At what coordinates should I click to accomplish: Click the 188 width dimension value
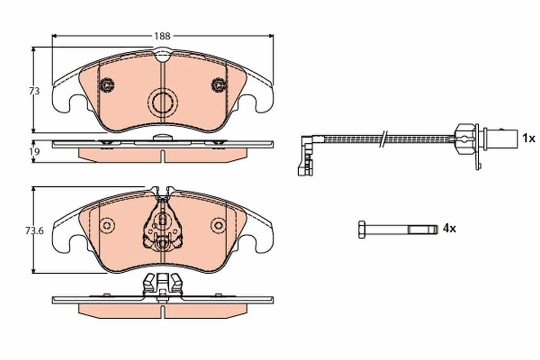coord(162,36)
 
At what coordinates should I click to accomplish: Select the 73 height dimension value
coord(34,91)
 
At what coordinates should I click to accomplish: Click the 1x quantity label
coord(528,138)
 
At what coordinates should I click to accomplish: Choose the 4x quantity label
coord(449,229)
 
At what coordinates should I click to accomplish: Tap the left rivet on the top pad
coord(107,85)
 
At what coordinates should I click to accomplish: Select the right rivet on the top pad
coord(218,85)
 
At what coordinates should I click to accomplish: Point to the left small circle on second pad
coord(107,225)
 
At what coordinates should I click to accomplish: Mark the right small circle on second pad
coord(218,225)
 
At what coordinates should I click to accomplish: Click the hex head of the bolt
coord(362,229)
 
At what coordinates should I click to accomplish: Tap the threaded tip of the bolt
coord(430,229)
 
